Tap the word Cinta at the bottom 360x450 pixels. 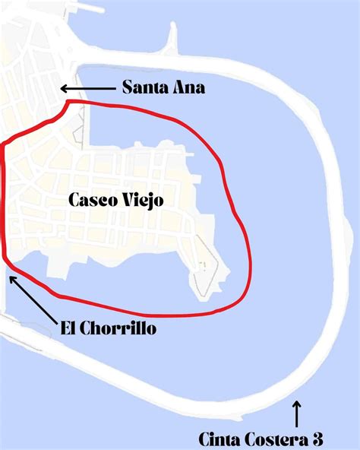[218, 439]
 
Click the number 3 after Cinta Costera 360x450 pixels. [317, 439]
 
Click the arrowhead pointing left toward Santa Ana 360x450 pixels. [64, 88]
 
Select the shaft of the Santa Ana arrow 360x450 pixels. [91, 88]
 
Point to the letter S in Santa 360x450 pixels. [128, 88]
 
